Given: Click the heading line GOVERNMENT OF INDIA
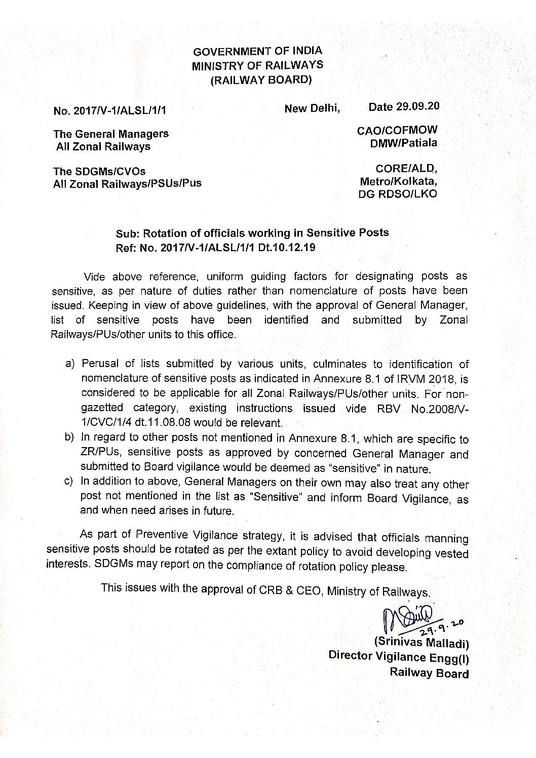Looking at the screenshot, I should point(258,51).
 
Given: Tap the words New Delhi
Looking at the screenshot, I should point(312,108).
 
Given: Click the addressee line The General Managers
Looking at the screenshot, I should point(111,135).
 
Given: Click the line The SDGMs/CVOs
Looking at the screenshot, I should point(99,172).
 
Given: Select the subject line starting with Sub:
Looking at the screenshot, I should point(252,233).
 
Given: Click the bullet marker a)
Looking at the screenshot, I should point(70,365).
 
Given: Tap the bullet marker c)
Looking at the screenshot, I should point(70,482).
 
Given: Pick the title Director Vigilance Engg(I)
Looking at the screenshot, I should point(399,657).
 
